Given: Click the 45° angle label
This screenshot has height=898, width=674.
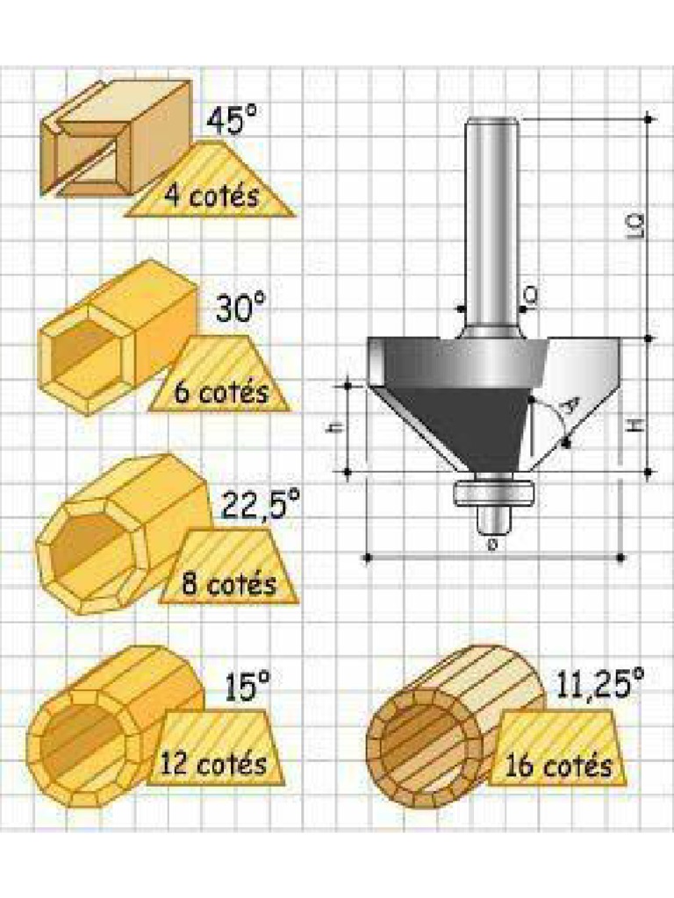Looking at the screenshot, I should coord(233,121).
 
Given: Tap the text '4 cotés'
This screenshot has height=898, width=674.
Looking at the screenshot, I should coord(212,195).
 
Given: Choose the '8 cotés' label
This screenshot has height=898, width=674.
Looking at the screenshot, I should coord(228,581).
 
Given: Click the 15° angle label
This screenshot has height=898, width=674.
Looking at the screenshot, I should coord(246,688).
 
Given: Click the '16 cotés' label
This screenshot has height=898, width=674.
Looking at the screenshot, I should coord(558,766).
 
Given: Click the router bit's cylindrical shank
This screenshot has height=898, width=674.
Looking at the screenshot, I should coord(491,219).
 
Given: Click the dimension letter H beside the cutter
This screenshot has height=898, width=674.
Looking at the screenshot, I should coord(637,427).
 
